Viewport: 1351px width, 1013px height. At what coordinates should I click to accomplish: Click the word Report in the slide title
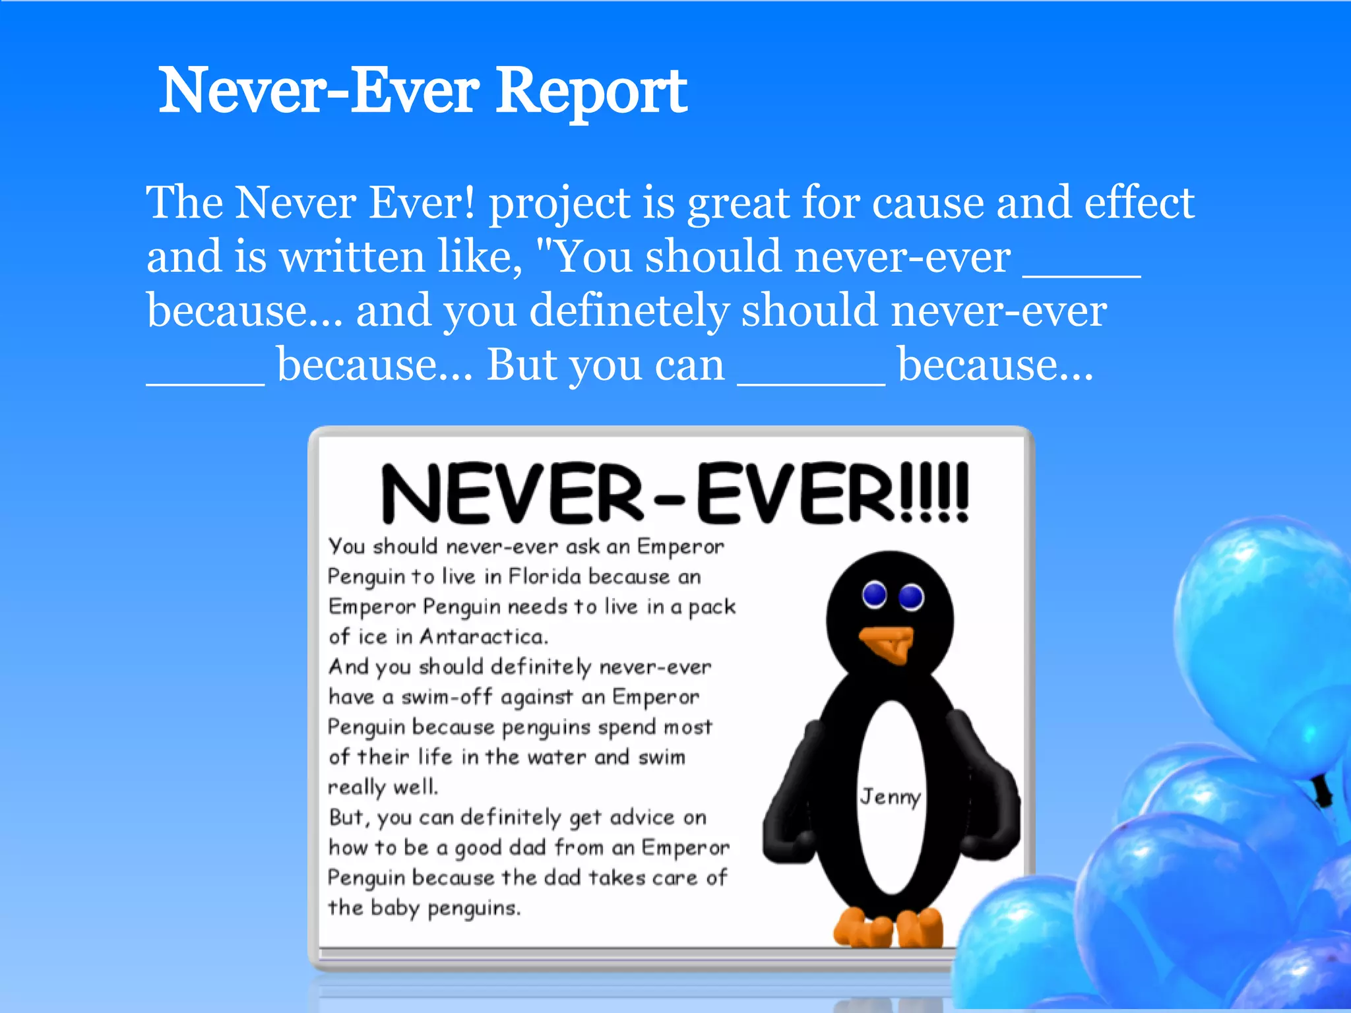click(591, 91)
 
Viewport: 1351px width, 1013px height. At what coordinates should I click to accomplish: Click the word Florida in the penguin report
click(544, 576)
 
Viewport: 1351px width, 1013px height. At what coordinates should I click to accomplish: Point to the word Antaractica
click(484, 636)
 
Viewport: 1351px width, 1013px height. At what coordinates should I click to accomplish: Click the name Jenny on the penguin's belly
click(890, 797)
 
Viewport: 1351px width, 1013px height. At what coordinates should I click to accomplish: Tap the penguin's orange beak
click(888, 643)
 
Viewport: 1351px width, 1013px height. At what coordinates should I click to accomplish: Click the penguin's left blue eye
click(875, 594)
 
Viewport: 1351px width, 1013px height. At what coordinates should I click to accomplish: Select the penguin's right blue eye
click(912, 597)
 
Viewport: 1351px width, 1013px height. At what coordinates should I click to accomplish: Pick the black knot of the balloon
click(1322, 789)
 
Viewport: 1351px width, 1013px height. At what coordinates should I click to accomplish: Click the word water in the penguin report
click(557, 758)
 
